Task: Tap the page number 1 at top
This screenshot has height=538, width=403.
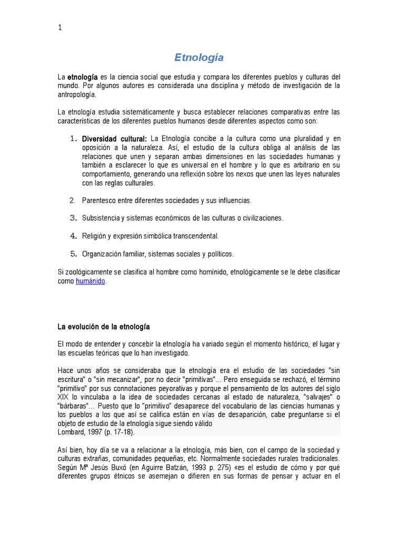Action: click(59, 28)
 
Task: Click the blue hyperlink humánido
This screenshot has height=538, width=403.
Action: click(91, 281)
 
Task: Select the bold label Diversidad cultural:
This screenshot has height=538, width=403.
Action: click(113, 139)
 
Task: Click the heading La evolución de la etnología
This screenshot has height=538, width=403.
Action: click(103, 327)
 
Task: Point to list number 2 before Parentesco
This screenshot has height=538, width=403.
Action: click(72, 200)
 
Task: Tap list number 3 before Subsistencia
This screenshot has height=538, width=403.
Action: click(73, 218)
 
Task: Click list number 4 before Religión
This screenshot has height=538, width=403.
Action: click(73, 236)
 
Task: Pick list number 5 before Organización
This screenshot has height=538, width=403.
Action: click(73, 254)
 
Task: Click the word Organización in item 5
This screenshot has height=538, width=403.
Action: click(102, 254)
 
